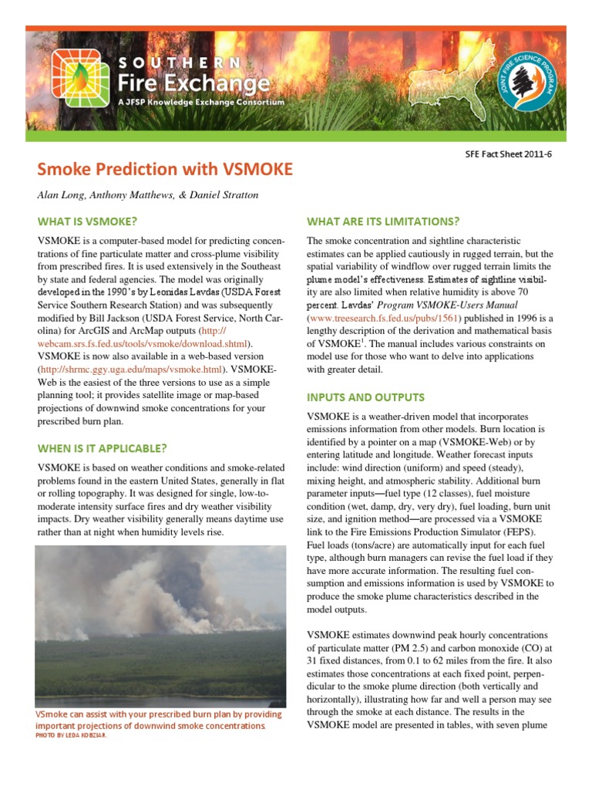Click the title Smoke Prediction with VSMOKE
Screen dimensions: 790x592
point(165,169)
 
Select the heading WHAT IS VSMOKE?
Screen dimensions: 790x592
point(87,221)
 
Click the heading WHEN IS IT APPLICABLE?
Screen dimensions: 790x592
point(102,448)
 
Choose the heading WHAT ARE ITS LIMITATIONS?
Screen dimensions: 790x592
point(383,221)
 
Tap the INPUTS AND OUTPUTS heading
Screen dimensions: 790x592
point(365,397)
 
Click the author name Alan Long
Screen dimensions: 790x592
point(61,194)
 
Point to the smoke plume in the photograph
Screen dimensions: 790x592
point(139,594)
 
